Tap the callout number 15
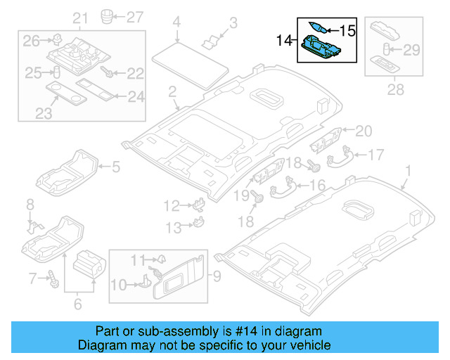click(x=348, y=31)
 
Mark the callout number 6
click(x=77, y=304)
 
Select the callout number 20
click(x=363, y=130)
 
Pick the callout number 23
click(x=44, y=113)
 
